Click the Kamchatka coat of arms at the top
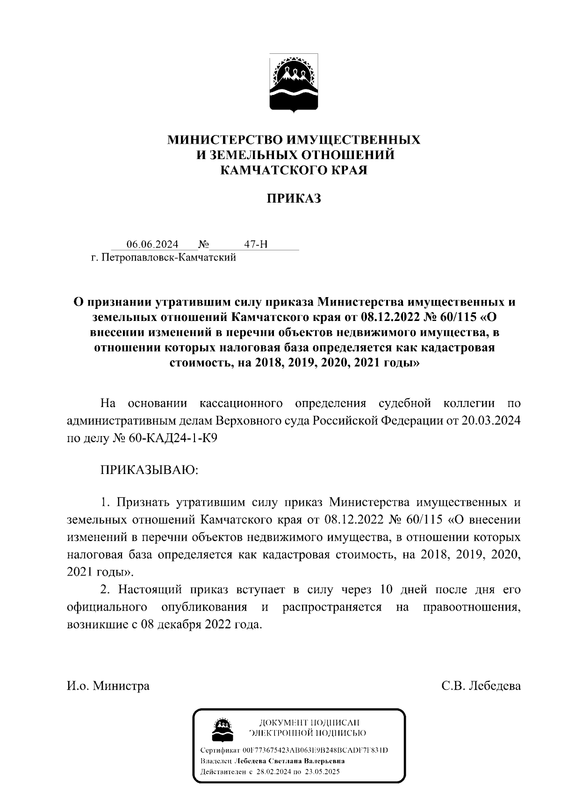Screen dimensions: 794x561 tap(294, 83)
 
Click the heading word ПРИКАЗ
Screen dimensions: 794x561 tap(294, 198)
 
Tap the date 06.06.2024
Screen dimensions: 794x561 tap(152, 244)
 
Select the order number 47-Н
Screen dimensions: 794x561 tap(256, 244)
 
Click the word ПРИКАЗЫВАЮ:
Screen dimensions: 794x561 tap(150, 469)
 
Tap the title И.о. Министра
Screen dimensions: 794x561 tap(108, 686)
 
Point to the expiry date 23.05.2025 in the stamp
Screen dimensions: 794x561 tap(322, 772)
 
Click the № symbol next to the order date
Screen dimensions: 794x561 tap(203, 244)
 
